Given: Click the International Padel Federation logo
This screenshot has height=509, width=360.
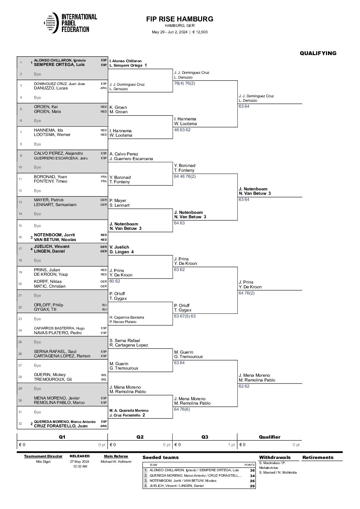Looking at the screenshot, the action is [70, 23].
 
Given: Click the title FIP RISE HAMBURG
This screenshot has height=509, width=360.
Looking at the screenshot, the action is [180, 19].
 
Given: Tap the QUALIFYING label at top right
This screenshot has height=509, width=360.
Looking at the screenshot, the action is [318, 53].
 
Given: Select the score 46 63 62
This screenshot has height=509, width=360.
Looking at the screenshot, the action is [182, 130].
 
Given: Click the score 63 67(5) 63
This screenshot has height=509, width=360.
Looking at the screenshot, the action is [185, 316].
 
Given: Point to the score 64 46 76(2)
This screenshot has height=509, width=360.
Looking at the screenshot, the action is [185, 176].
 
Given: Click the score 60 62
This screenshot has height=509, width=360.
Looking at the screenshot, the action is [115, 281].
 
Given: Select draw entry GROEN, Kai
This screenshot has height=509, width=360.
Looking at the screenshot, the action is [46, 107].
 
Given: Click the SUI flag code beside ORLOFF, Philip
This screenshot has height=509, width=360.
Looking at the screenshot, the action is [104, 305].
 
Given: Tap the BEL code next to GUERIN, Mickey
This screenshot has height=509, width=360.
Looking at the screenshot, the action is [104, 375].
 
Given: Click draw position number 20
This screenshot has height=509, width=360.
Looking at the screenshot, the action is [20, 284].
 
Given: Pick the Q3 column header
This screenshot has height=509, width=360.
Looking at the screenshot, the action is [205, 437].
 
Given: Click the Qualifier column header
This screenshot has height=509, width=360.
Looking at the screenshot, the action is [269, 437].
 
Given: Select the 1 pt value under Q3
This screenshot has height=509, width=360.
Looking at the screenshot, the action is [231, 445].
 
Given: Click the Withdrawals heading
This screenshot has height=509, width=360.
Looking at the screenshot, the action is [275, 457].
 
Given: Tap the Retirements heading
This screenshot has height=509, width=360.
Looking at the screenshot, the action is [318, 457].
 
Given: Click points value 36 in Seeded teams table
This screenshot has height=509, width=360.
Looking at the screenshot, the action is [252, 470].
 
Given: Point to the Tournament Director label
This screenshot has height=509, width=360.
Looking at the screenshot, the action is [43, 456].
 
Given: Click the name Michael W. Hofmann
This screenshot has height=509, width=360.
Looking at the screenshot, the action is [116, 461].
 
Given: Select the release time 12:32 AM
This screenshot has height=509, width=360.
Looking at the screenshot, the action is [80, 466].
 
